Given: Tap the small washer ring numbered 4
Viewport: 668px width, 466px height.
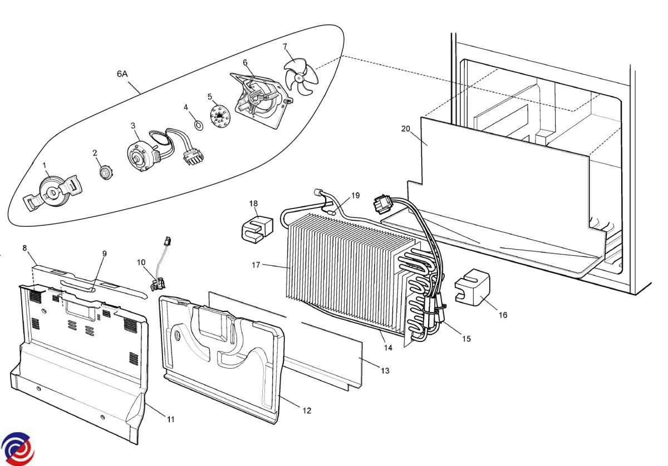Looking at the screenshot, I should click(198, 125).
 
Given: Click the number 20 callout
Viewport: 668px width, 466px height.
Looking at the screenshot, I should click(405, 129).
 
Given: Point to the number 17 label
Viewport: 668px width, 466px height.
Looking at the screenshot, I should click(256, 265).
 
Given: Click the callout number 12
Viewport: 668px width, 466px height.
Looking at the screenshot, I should click(307, 410).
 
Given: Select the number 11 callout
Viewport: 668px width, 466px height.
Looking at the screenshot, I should click(170, 419).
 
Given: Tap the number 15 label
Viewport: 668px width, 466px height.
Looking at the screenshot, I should click(466, 338).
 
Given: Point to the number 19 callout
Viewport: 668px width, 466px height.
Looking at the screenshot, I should click(356, 196).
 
